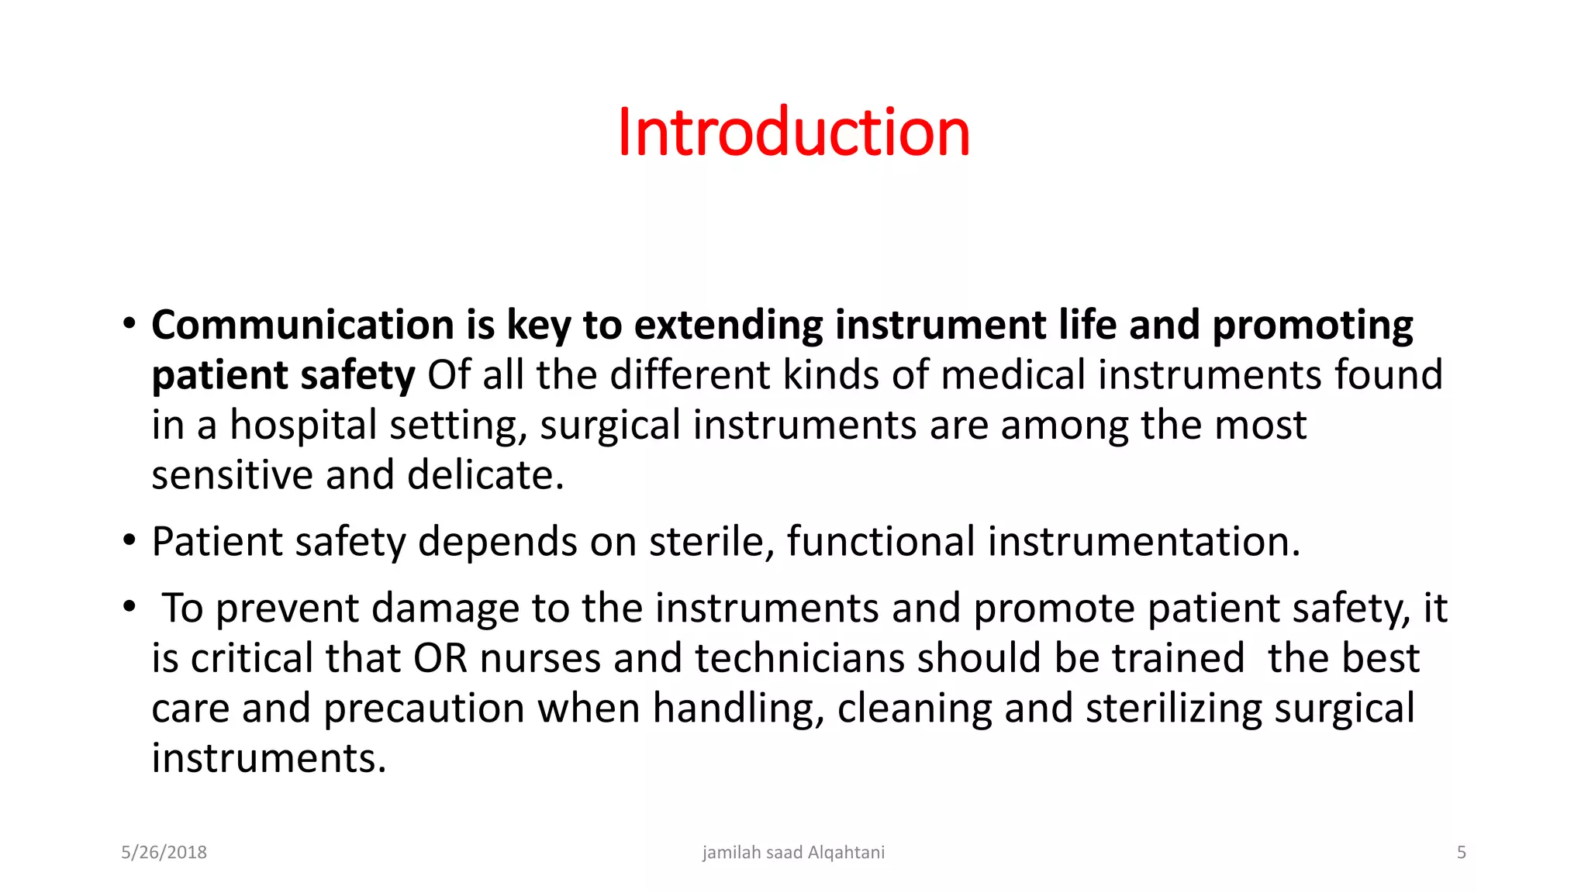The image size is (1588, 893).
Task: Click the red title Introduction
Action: click(x=793, y=133)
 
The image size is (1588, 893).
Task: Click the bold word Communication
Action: click(x=302, y=325)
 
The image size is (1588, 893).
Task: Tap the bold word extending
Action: click(x=728, y=325)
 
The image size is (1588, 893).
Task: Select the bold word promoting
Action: click(x=1312, y=325)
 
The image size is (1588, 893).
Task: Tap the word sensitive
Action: click(x=232, y=475)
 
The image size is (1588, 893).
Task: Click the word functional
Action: click(x=881, y=542)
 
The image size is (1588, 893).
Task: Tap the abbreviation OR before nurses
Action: click(x=440, y=659)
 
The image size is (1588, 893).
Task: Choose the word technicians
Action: click(x=799, y=659)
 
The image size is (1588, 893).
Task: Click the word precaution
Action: click(x=424, y=709)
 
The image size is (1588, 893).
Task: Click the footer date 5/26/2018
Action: click(x=164, y=853)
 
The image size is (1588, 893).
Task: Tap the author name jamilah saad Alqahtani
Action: click(x=793, y=853)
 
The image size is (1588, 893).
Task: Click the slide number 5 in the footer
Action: click(x=1461, y=853)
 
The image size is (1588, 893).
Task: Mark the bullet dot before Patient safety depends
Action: click(x=129, y=540)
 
